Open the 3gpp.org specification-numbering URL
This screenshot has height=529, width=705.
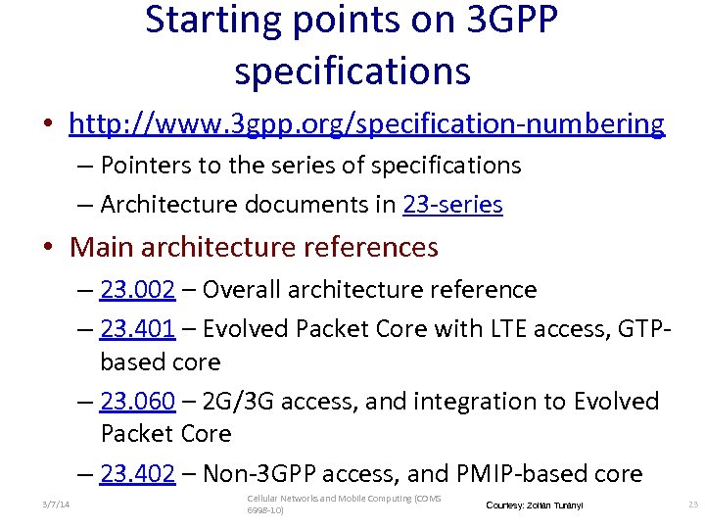[366, 123]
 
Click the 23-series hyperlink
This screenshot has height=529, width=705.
[452, 204]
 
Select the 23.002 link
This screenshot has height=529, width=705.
[137, 289]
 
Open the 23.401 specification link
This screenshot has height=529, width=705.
[137, 329]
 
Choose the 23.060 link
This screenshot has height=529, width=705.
[137, 401]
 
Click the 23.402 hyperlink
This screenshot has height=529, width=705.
[137, 474]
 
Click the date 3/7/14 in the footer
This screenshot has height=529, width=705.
[57, 505]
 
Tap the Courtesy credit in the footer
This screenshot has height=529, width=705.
[534, 505]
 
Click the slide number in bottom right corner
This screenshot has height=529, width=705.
[693, 505]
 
